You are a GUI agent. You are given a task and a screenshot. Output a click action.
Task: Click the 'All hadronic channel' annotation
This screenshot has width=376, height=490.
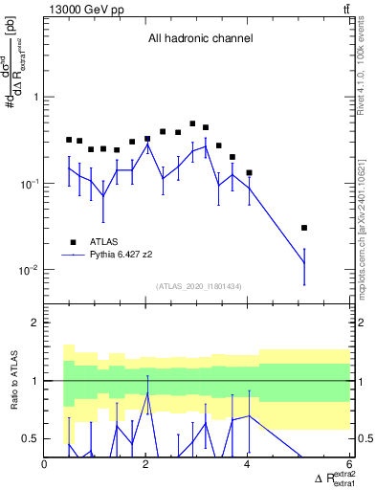(200, 39)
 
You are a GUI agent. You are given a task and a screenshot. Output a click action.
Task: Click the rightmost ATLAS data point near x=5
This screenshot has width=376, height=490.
(304, 228)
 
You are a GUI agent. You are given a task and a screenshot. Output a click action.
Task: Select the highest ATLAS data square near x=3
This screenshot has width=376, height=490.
(193, 123)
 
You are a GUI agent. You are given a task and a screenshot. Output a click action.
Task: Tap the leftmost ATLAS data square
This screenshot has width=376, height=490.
(69, 140)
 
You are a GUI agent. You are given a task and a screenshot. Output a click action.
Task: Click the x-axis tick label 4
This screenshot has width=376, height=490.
(249, 465)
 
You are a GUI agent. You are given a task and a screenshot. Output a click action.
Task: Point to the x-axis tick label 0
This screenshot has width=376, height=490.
(45, 465)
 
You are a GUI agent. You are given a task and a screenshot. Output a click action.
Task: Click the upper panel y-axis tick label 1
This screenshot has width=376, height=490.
(35, 98)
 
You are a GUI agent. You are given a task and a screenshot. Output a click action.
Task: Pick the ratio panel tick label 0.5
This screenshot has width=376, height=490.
(32, 438)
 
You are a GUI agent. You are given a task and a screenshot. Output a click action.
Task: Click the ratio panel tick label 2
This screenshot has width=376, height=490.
(35, 323)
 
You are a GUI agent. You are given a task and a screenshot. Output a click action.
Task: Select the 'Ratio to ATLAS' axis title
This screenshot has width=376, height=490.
(13, 380)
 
